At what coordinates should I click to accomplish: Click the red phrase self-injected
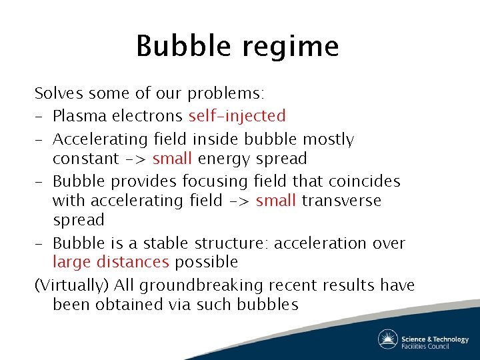coord(237,116)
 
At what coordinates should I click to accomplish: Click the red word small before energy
coord(173,159)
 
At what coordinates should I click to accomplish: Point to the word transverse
coord(341,200)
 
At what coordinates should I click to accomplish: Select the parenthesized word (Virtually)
coord(71,285)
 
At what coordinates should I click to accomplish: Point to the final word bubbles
coord(269,305)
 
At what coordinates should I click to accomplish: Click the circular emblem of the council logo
coord(388,339)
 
